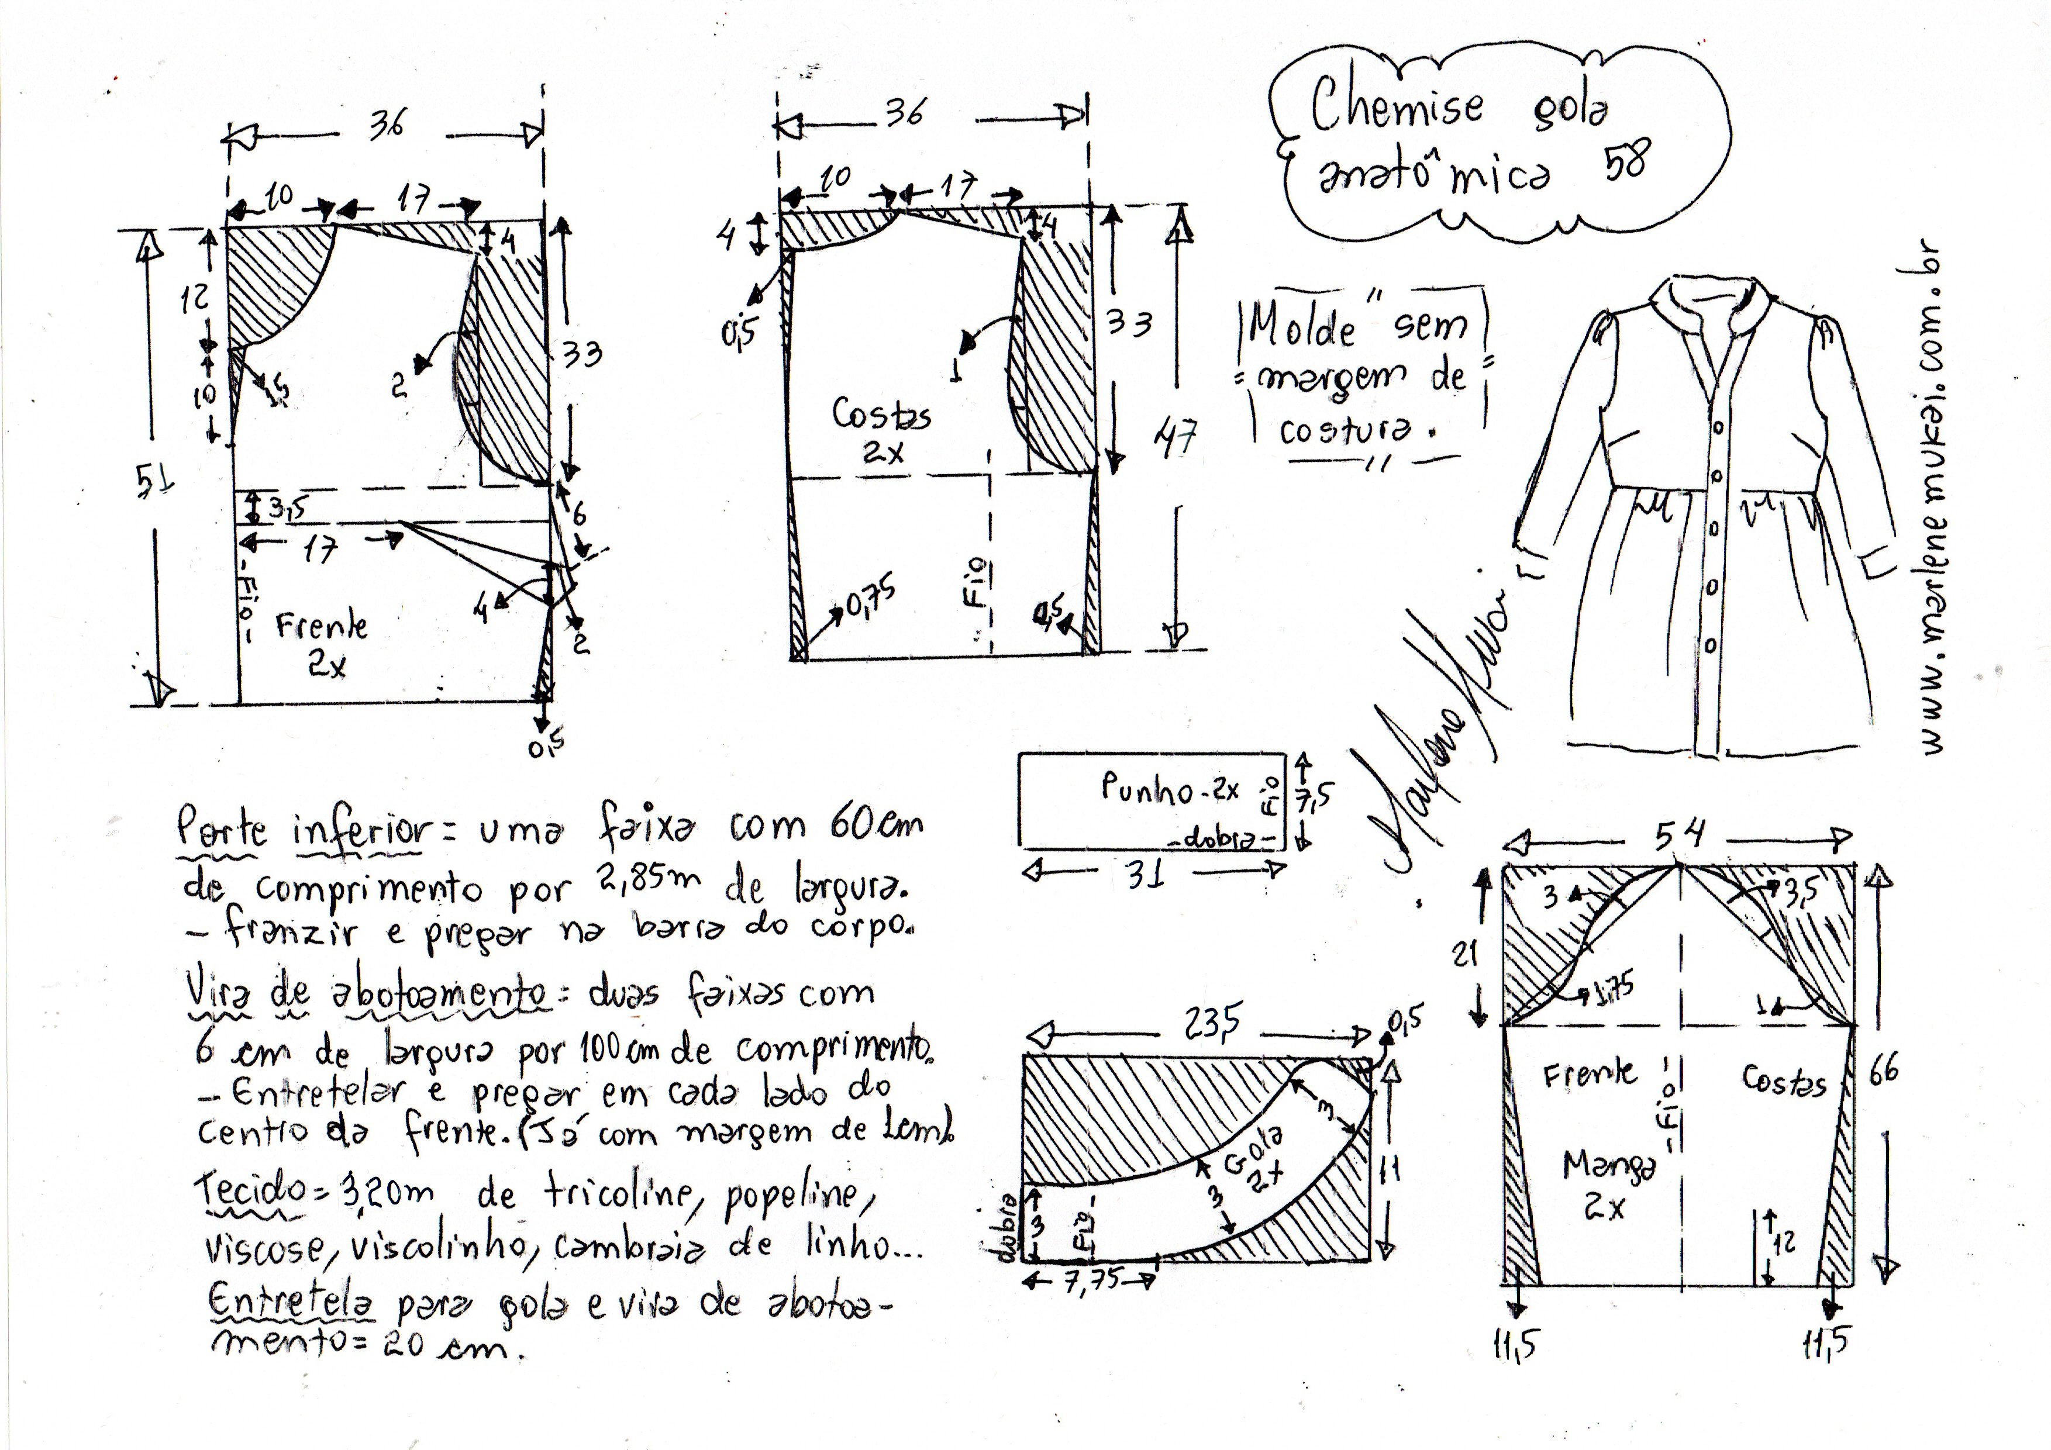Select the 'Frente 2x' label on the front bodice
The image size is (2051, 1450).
click(322, 641)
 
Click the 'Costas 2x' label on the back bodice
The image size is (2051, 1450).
click(881, 430)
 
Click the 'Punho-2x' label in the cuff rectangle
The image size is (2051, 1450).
click(1170, 788)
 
